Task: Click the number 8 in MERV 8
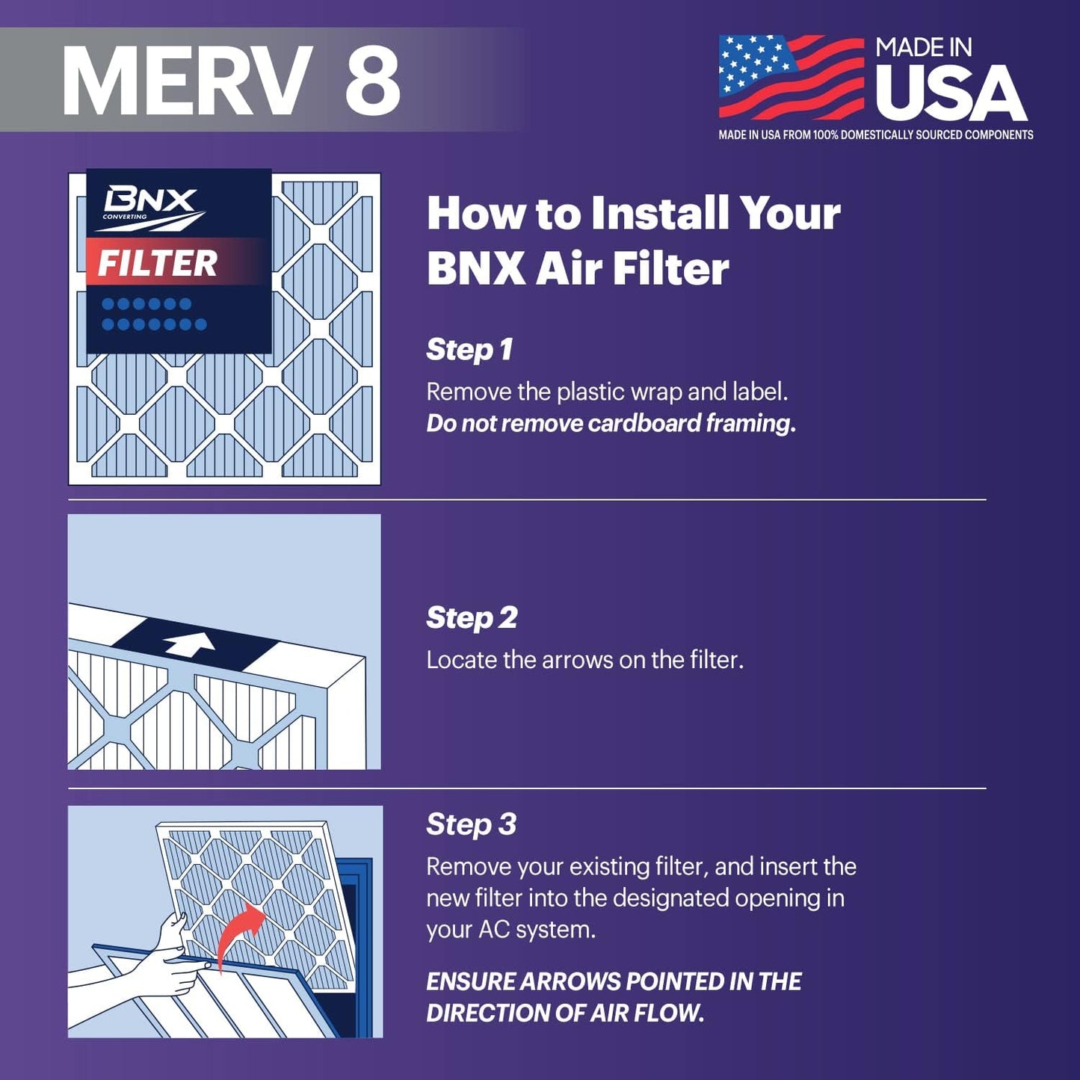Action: [x=372, y=81]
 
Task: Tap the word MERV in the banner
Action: [x=187, y=81]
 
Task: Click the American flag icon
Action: [x=791, y=76]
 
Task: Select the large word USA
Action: [x=951, y=93]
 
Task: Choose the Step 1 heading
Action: [x=469, y=350]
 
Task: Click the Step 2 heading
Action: [x=472, y=618]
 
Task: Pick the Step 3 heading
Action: [x=471, y=824]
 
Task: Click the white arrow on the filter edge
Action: [x=189, y=643]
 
